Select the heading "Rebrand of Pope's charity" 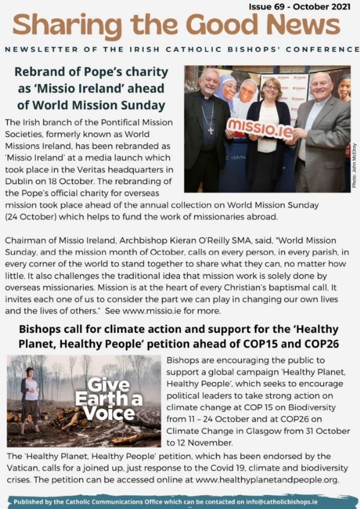click(x=92, y=71)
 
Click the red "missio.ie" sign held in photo click(x=260, y=128)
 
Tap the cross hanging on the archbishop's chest click(x=210, y=125)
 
